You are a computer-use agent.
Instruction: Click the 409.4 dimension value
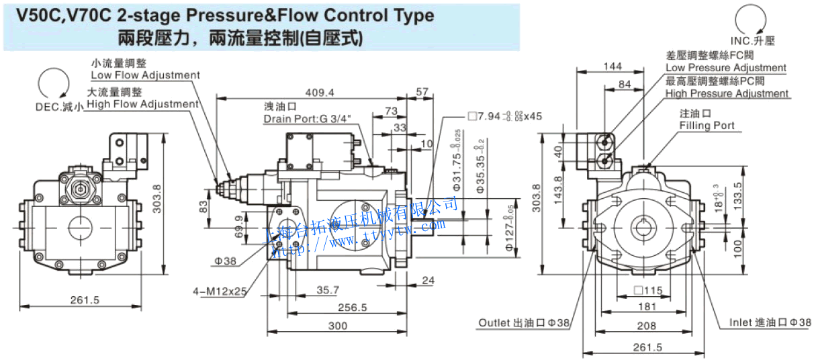[x=320, y=92]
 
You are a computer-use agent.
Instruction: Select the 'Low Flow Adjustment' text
[x=145, y=75]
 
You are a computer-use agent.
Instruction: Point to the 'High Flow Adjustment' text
[x=142, y=104]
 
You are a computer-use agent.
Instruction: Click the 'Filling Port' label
[x=707, y=126]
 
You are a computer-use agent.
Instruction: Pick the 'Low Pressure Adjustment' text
[x=725, y=68]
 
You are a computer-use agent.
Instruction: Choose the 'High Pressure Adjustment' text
[x=727, y=94]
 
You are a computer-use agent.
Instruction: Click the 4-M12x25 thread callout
[x=220, y=291]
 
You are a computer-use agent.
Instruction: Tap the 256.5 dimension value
[x=352, y=308]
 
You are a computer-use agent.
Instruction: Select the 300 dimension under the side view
[x=338, y=326]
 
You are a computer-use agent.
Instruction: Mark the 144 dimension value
[x=613, y=66]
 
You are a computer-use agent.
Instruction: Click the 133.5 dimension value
[x=738, y=195]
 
